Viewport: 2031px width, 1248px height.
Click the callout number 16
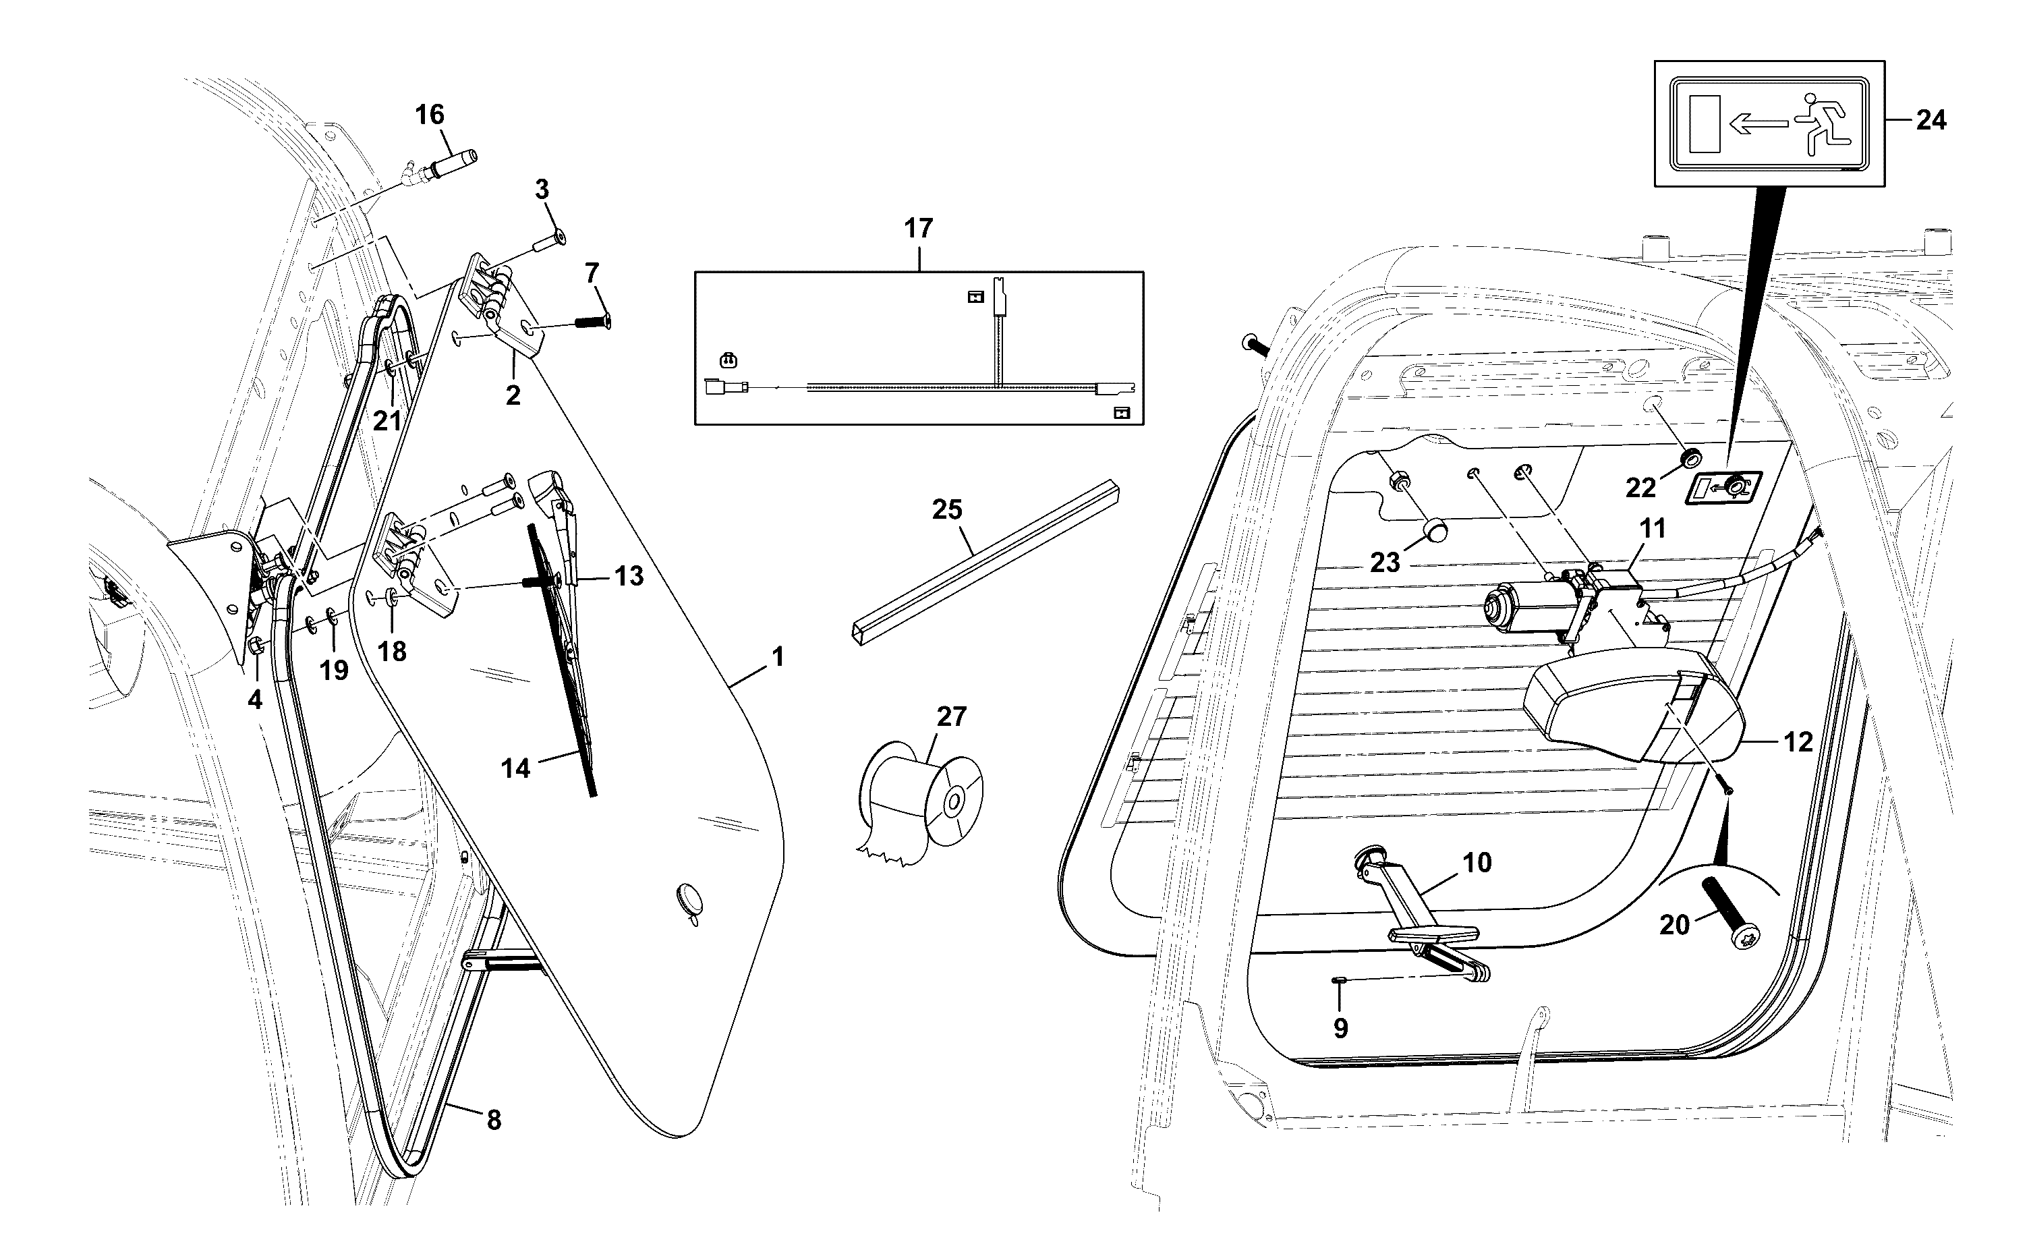tap(429, 115)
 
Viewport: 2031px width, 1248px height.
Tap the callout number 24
tap(1930, 121)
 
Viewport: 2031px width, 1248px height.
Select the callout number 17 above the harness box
tap(919, 228)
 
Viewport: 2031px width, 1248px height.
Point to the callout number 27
tap(950, 716)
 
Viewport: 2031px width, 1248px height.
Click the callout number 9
tap(1340, 1027)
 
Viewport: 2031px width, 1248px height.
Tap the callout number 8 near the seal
tap(494, 1120)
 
